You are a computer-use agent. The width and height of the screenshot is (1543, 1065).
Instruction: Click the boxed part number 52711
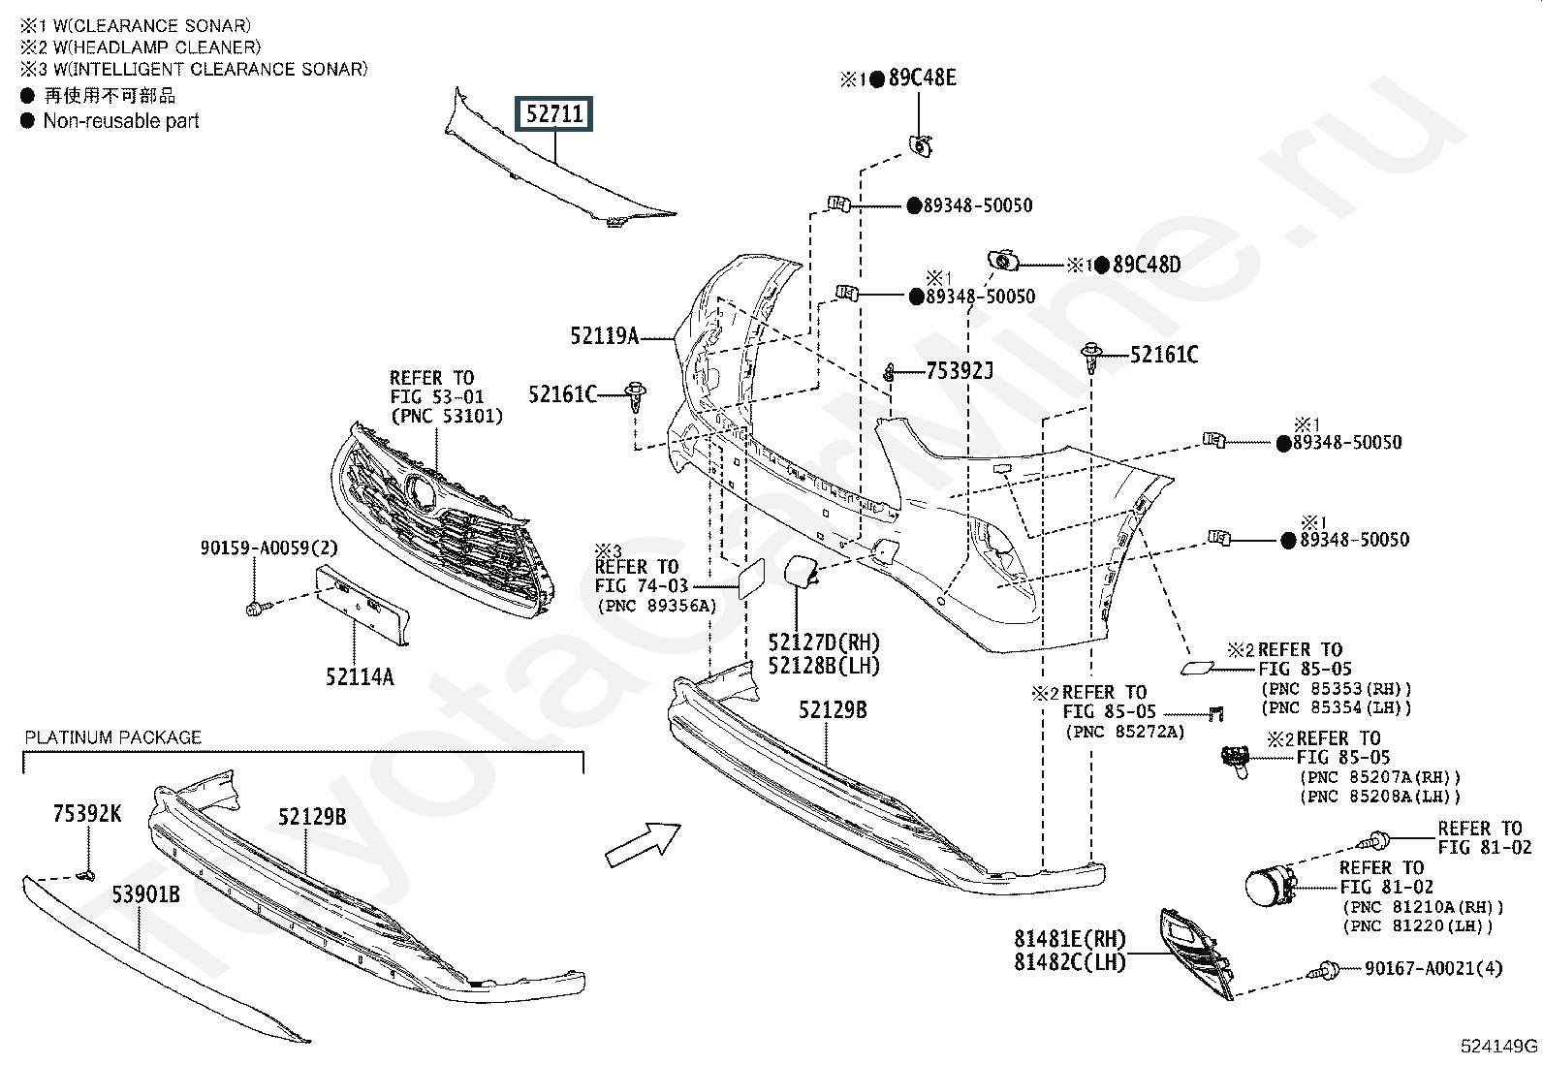[x=553, y=113]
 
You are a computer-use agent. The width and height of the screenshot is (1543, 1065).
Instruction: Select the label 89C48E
[x=923, y=78]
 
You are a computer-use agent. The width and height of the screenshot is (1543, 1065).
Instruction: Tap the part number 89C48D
[x=1147, y=265]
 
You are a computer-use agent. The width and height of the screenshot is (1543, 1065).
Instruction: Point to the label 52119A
[x=604, y=335]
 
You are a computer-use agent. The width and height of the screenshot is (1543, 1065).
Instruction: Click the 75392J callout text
[x=959, y=371]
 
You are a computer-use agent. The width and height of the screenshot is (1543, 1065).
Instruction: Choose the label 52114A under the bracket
[x=360, y=677]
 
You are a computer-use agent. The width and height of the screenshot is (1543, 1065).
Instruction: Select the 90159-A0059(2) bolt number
[x=269, y=548]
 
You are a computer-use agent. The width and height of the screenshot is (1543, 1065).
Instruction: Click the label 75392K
[x=87, y=814]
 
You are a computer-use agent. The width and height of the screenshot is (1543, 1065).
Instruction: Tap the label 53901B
[x=146, y=894]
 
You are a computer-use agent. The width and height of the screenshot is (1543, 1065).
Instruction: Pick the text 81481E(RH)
[x=1070, y=938]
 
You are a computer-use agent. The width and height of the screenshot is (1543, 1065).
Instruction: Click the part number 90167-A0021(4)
[x=1433, y=968]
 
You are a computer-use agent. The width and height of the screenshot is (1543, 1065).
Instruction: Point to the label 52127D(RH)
[x=824, y=642]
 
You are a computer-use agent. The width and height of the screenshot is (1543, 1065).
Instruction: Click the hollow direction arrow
[x=644, y=845]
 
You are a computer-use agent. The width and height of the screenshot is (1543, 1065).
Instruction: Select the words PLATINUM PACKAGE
[x=113, y=737]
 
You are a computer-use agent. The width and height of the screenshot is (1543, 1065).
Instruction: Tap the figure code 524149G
[x=1499, y=1047]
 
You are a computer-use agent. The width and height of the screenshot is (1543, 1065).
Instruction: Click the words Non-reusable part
[x=121, y=121]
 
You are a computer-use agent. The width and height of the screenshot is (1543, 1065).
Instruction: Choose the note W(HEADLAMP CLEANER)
[x=157, y=47]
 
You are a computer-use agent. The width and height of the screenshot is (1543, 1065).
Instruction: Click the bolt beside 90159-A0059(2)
[x=259, y=608]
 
